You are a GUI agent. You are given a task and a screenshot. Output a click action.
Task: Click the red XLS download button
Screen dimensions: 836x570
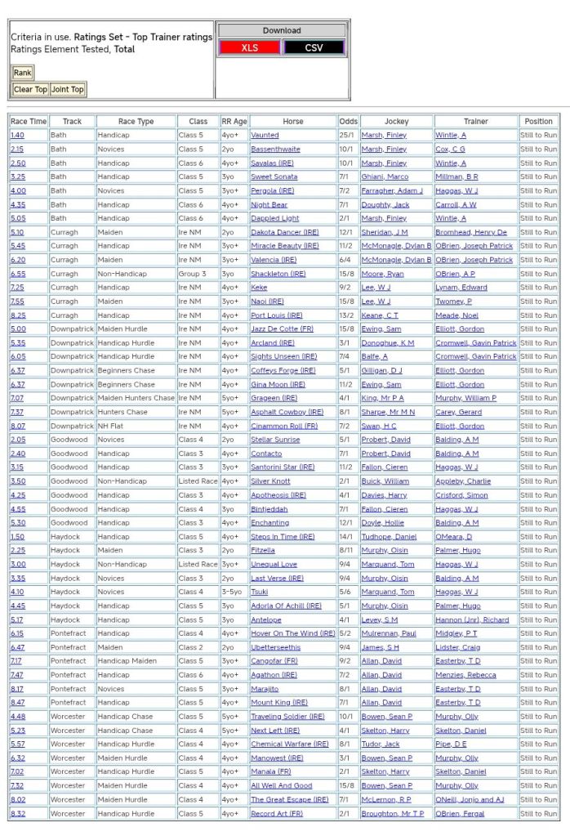pyautogui.click(x=249, y=48)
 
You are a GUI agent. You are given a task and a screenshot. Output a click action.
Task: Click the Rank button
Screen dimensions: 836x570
pyautogui.click(x=22, y=73)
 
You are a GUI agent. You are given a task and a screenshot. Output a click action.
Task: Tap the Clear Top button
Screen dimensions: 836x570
pyautogui.click(x=30, y=89)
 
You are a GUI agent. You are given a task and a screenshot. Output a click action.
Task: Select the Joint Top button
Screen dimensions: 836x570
pyautogui.click(x=67, y=89)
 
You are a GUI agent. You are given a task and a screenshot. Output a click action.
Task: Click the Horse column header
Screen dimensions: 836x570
pyautogui.click(x=292, y=121)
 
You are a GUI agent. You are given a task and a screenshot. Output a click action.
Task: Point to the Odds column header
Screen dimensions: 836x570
pyautogui.click(x=349, y=121)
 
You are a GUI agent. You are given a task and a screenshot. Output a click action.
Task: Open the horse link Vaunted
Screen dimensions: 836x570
pyautogui.click(x=265, y=135)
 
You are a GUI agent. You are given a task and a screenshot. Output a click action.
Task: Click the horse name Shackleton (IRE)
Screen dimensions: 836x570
pyautogui.click(x=278, y=274)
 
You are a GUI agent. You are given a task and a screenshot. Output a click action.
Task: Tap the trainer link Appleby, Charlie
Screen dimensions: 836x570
pyautogui.click(x=462, y=481)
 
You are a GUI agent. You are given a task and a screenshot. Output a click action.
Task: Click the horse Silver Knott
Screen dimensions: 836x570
pyautogui.click(x=270, y=481)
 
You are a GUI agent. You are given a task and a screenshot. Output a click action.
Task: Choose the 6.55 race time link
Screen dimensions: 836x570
pyautogui.click(x=17, y=274)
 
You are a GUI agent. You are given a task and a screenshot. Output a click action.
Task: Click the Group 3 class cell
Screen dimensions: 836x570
pyautogui.click(x=194, y=274)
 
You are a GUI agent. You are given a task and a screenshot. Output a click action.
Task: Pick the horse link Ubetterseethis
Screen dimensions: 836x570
pyautogui.click(x=275, y=647)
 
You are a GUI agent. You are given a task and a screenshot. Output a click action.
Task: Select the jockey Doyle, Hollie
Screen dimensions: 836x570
pyautogui.click(x=382, y=522)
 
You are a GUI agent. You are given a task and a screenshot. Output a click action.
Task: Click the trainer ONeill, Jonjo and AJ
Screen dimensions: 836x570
pyautogui.click(x=470, y=799)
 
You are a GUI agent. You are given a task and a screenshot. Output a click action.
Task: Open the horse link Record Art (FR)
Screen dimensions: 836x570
pyautogui.click(x=277, y=813)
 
